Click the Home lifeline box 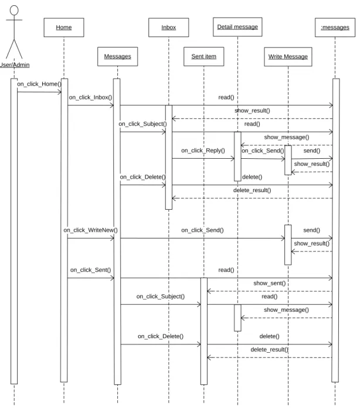(64, 28)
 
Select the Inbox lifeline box (169, 28)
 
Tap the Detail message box (237, 27)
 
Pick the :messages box (335, 28)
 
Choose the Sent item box (204, 56)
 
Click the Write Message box (288, 57)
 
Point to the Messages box (118, 56)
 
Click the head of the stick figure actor (14, 11)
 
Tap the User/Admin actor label (15, 65)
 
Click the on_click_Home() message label (39, 84)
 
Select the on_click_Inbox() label (90, 97)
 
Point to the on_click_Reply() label (203, 151)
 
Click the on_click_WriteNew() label (90, 230)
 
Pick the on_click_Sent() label (90, 270)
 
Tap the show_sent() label (270, 283)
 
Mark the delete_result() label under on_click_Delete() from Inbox (252, 190)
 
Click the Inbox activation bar (169, 158)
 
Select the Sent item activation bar (204, 331)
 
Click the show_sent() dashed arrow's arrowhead (209, 291)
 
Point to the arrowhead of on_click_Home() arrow (60, 92)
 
